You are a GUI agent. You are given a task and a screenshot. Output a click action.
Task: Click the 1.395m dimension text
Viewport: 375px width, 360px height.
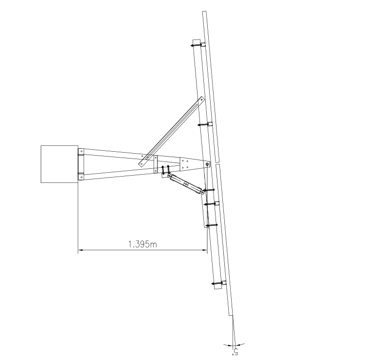tap(142, 244)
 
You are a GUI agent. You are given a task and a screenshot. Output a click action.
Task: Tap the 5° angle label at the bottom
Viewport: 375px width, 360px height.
tap(235, 352)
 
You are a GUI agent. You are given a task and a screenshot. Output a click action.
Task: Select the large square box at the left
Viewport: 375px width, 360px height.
tap(59, 164)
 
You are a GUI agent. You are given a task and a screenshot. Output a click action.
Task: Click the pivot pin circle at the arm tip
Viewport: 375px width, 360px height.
tap(207, 164)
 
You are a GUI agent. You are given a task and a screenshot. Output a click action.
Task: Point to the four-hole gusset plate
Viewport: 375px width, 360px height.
tap(185, 164)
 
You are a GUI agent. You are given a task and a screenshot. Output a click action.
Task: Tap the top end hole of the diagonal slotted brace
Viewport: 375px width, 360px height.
tap(201, 100)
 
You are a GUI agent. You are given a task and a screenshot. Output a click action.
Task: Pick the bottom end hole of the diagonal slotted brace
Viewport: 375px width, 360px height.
tap(141, 164)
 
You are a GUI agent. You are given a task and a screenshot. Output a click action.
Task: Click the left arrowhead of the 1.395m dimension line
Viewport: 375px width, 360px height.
tap(80, 250)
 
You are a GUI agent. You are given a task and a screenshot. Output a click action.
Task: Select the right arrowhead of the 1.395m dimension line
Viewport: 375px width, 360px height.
tap(205, 250)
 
